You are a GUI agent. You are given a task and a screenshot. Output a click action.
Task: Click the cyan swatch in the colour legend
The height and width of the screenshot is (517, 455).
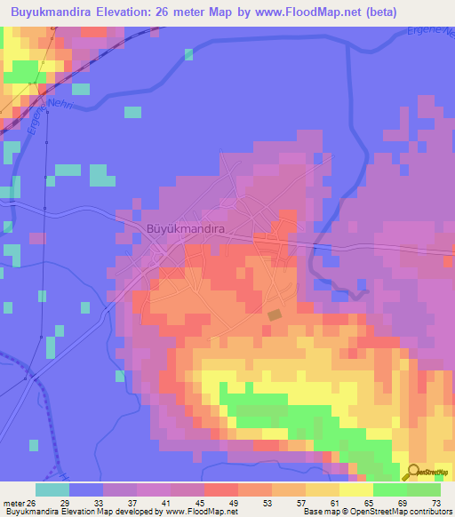click(x=52, y=489)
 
